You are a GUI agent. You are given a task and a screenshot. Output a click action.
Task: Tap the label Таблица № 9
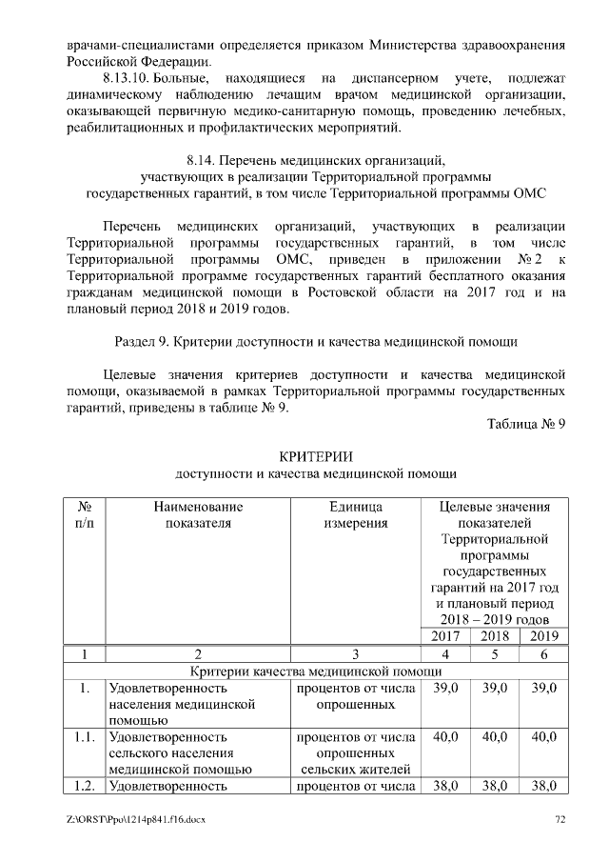526,425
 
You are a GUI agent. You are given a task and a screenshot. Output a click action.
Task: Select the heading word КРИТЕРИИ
316,456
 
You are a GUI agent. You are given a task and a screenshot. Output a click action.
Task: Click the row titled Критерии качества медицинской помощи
316,672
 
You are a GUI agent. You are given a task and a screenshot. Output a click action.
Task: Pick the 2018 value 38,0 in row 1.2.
495,786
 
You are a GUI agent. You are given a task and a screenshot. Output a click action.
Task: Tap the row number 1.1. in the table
84,736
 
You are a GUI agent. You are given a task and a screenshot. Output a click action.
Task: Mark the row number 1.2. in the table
84,786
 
